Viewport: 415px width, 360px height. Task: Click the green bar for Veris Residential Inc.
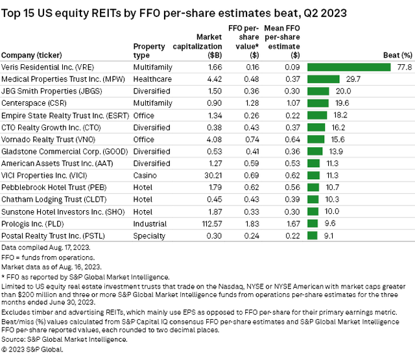350,67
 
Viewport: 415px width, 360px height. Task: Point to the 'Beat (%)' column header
398,54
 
